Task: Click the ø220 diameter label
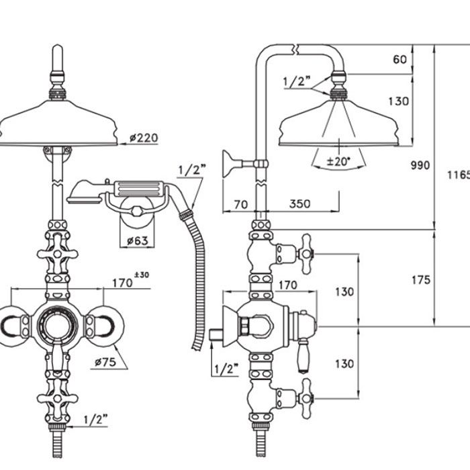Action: coord(144,138)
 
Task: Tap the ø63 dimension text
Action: coord(137,240)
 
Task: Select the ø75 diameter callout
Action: coord(105,362)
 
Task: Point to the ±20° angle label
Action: coord(338,161)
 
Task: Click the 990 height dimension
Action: coord(420,165)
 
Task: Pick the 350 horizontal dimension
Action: coord(299,204)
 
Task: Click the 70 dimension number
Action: coord(240,204)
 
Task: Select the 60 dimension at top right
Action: coord(400,59)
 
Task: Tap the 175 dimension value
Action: coord(421,280)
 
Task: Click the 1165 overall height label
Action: coord(459,175)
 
